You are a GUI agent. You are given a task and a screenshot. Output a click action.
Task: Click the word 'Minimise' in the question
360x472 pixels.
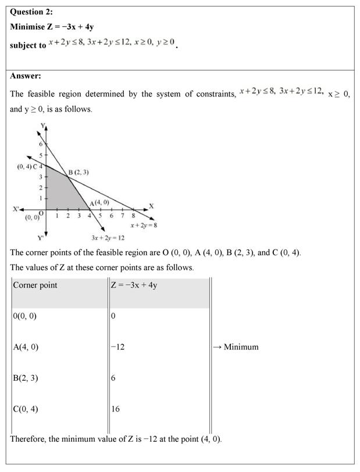coord(28,27)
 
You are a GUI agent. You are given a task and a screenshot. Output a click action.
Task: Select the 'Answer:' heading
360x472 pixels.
coord(26,76)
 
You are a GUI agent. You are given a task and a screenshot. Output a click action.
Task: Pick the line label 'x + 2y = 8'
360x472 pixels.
coord(144,225)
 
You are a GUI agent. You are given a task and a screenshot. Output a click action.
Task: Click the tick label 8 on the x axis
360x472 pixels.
coord(133,216)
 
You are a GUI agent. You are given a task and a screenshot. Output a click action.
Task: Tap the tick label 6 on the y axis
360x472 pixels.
coord(41,144)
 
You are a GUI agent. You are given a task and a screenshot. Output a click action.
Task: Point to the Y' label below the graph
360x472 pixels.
coord(41,237)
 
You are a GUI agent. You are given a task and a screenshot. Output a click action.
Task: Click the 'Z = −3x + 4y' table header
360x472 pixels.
coord(134,285)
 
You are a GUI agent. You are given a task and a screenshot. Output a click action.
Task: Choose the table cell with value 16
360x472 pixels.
coord(115,409)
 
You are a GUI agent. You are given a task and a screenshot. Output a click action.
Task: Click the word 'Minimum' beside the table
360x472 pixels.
coord(241,347)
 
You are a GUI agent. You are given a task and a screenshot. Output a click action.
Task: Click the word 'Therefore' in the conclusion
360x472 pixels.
coord(29,438)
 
